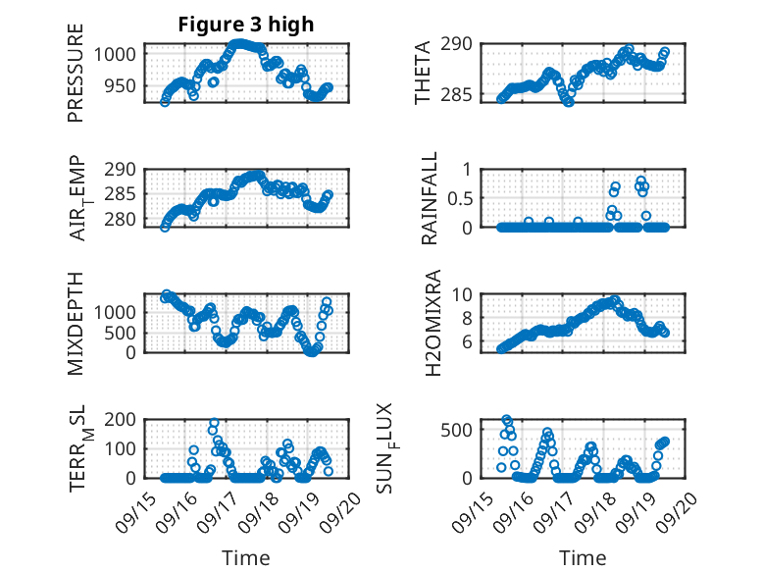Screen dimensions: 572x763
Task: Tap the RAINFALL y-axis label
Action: pos(430,198)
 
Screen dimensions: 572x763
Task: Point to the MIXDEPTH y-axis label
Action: pos(76,323)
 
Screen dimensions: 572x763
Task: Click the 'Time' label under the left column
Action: pos(245,557)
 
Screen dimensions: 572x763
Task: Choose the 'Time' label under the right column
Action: pos(583,557)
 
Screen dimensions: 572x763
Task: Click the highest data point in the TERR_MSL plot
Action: pos(214,424)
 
